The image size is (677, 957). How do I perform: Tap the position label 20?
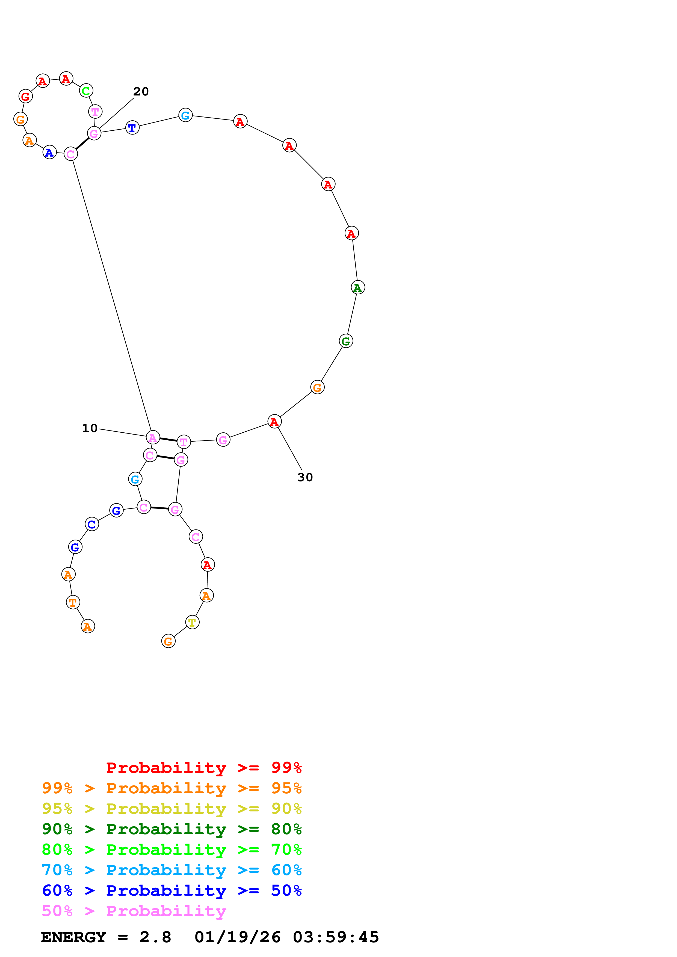click(x=141, y=91)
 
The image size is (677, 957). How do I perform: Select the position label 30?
click(x=305, y=477)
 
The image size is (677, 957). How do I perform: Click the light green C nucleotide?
click(x=86, y=91)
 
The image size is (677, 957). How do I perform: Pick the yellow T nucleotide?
click(x=192, y=622)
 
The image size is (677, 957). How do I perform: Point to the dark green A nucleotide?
click(x=357, y=287)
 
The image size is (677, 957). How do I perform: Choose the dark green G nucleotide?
click(x=346, y=341)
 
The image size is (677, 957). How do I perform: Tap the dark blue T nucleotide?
click(x=132, y=128)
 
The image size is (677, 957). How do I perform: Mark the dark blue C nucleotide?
click(x=92, y=524)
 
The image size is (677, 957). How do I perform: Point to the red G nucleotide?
click(x=25, y=96)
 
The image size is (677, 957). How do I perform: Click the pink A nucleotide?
click(x=153, y=437)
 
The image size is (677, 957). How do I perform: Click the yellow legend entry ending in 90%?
click(x=172, y=809)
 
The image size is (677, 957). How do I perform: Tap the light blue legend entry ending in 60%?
click(x=172, y=870)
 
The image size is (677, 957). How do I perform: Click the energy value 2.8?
click(x=155, y=937)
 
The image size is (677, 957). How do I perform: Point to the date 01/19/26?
click(x=237, y=937)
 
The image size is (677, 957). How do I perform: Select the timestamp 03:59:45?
click(x=336, y=937)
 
